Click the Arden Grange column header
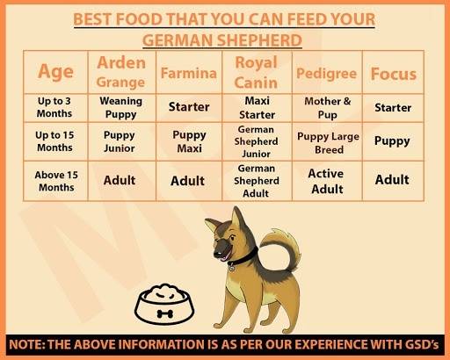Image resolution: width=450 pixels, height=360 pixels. tap(121, 72)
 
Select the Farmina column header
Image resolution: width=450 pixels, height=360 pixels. tap(189, 73)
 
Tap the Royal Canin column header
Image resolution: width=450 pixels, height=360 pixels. tap(256, 72)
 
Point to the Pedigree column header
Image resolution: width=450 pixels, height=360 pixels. tap(326, 74)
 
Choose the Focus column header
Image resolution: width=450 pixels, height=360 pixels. tap(394, 74)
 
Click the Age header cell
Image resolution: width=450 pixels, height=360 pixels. tap(55, 72)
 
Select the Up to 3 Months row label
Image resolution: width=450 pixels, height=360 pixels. tap(54, 107)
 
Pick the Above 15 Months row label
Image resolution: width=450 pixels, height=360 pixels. tap(56, 181)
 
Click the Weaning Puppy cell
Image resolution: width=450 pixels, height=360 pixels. tap(121, 107)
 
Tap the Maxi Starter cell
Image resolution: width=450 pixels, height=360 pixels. tap(257, 108)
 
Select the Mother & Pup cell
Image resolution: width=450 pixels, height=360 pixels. tap(327, 108)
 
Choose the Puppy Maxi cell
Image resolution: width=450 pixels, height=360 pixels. tap(189, 141)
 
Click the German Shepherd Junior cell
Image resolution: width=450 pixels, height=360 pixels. tap(256, 141)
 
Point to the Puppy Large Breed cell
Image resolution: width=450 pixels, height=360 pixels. tap(328, 143)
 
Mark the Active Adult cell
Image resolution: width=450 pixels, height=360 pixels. tap(326, 181)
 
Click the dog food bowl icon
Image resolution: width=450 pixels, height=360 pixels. tap(164, 304)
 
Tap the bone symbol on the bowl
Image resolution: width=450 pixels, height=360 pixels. tap(165, 314)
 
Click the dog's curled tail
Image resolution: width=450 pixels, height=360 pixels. tap(285, 248)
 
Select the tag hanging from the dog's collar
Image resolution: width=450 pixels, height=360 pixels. tap(232, 267)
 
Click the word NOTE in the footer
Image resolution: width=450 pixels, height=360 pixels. tap(25, 344)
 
